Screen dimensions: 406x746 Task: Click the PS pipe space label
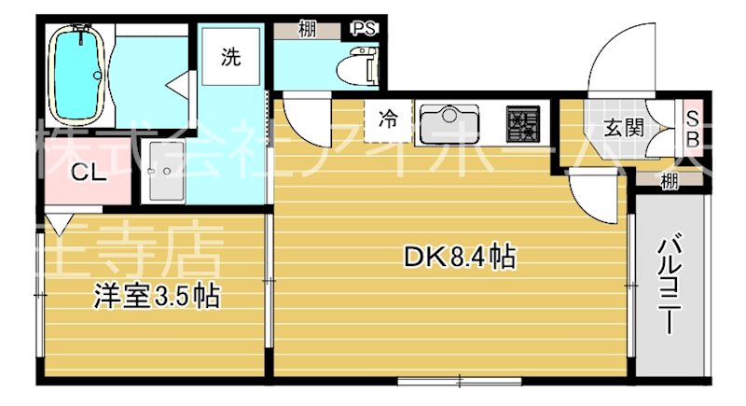[365, 28]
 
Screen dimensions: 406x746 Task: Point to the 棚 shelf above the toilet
[306, 29]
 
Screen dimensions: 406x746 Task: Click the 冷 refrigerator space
[388, 119]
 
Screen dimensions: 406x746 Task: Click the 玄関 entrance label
[624, 128]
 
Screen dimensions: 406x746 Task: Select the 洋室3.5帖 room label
[154, 298]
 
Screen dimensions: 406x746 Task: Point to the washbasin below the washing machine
[167, 176]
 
